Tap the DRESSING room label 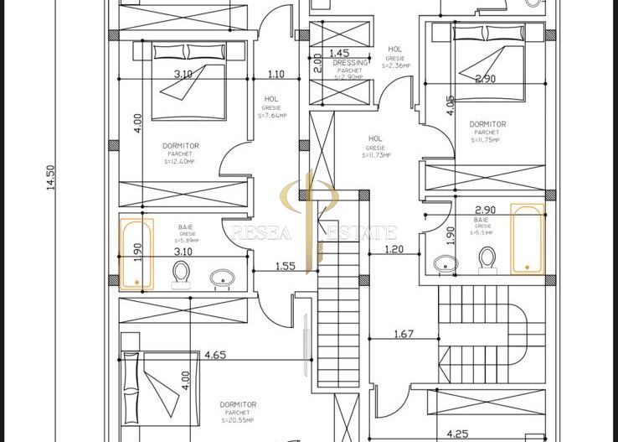click(350, 63)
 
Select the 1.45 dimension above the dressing click(339, 53)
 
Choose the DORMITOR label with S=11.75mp click(486, 124)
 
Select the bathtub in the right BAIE click(528, 239)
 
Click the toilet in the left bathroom click(181, 273)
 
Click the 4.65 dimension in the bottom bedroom click(215, 356)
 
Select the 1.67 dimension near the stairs click(404, 335)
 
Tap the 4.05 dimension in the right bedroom click(451, 105)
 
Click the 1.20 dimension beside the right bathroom click(394, 249)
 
